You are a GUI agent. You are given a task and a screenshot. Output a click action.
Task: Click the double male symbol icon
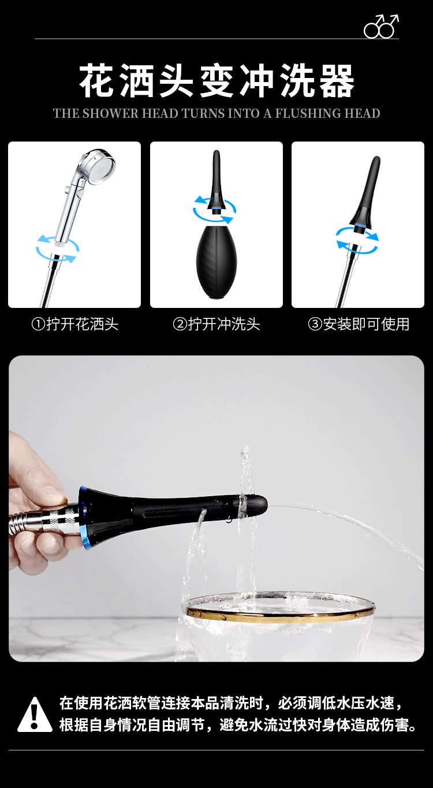click(x=381, y=27)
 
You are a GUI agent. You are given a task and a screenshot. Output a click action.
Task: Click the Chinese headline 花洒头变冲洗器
click(x=216, y=81)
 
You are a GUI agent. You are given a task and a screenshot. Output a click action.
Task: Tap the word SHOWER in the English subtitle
click(x=111, y=113)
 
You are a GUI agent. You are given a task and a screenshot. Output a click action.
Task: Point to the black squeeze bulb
click(x=216, y=262)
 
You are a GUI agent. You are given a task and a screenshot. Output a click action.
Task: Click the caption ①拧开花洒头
click(x=75, y=324)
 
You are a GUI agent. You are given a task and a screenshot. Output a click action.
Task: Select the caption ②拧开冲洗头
click(x=216, y=324)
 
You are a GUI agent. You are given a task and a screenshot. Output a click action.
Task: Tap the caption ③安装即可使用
click(x=359, y=324)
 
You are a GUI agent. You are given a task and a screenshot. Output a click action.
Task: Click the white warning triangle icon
click(x=35, y=715)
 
